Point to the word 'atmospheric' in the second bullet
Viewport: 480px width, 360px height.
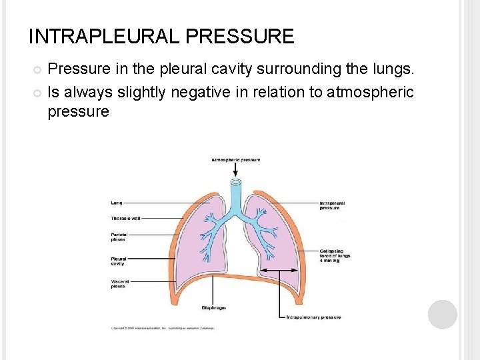tap(370, 91)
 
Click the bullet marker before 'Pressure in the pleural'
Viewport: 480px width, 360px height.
tap(37, 69)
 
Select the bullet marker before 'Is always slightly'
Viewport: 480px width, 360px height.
tap(37, 92)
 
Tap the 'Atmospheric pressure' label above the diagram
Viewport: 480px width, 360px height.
tap(235, 160)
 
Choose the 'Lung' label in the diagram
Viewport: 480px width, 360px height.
tap(116, 203)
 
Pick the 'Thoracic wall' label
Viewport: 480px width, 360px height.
tap(125, 218)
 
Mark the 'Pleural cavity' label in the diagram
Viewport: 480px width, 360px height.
tap(118, 261)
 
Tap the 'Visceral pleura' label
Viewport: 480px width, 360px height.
tap(119, 284)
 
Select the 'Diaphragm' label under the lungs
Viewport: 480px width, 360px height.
tap(213, 308)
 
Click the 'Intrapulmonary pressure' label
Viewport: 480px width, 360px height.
tap(314, 317)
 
